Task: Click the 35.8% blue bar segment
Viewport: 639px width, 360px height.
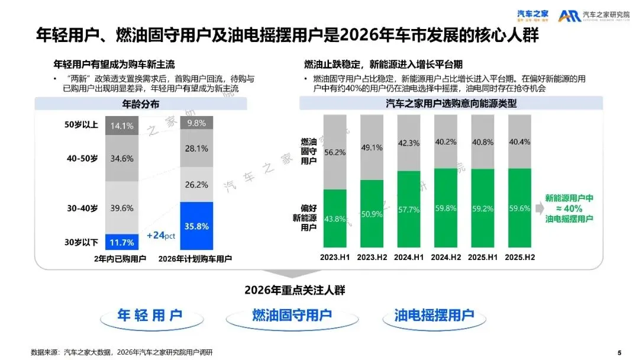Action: pyautogui.click(x=196, y=226)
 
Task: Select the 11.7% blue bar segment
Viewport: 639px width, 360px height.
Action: pyautogui.click(x=122, y=242)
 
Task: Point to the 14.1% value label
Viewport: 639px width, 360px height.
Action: pyautogui.click(x=122, y=126)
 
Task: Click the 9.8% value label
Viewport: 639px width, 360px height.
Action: pyautogui.click(x=196, y=123)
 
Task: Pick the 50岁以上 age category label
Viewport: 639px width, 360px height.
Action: pyautogui.click(x=81, y=126)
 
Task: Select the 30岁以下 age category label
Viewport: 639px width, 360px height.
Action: pyautogui.click(x=81, y=242)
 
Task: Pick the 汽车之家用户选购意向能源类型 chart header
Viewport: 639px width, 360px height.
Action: pyautogui.click(x=451, y=104)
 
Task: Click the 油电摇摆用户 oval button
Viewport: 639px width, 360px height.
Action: pyautogui.click(x=434, y=315)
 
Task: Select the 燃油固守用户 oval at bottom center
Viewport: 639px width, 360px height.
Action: pyautogui.click(x=292, y=315)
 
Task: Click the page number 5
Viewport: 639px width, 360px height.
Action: pyautogui.click(x=619, y=352)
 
